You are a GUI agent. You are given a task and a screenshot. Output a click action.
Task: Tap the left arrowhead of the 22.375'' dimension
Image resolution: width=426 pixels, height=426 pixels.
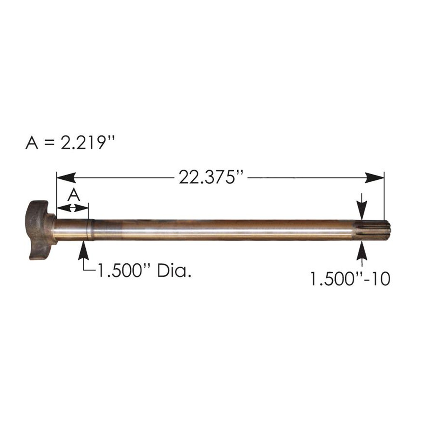point(64,178)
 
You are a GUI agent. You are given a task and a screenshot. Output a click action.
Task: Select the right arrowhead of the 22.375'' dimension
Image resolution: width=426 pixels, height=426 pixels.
point(375,178)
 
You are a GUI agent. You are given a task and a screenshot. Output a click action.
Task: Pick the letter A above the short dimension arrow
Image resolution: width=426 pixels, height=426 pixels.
point(73,194)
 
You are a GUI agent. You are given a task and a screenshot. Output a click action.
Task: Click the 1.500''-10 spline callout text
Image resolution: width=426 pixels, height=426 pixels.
point(349,278)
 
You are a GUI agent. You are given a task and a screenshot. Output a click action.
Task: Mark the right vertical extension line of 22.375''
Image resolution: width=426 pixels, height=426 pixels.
point(384,196)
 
